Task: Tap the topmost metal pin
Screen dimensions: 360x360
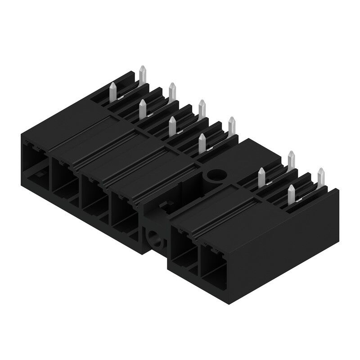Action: (143, 75)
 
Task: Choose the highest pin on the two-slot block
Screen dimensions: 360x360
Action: (291, 160)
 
